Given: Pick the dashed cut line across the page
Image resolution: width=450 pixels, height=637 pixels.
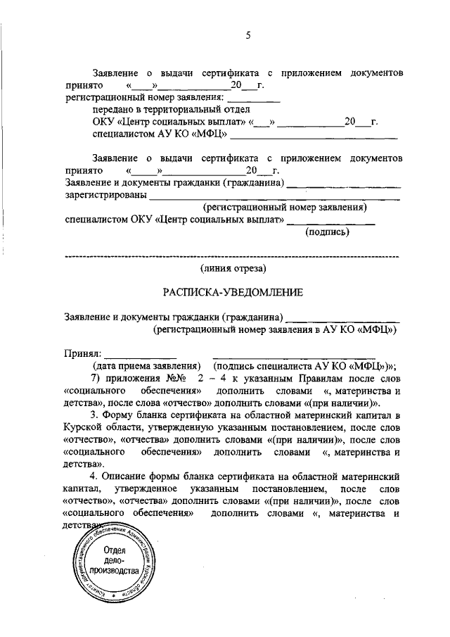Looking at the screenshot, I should pos(232,257).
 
